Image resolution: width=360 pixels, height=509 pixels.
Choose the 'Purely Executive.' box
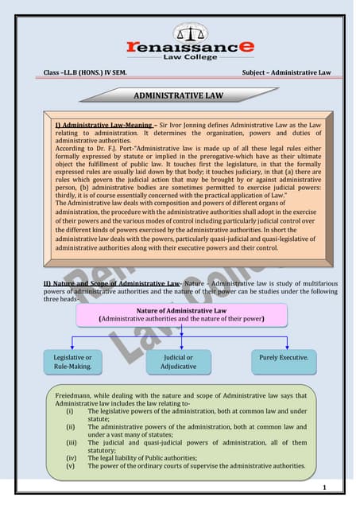tap(284, 358)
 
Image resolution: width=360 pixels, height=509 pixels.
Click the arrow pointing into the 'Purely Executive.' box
tap(284, 344)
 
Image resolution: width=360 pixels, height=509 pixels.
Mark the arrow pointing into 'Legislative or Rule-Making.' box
tap(73, 344)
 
